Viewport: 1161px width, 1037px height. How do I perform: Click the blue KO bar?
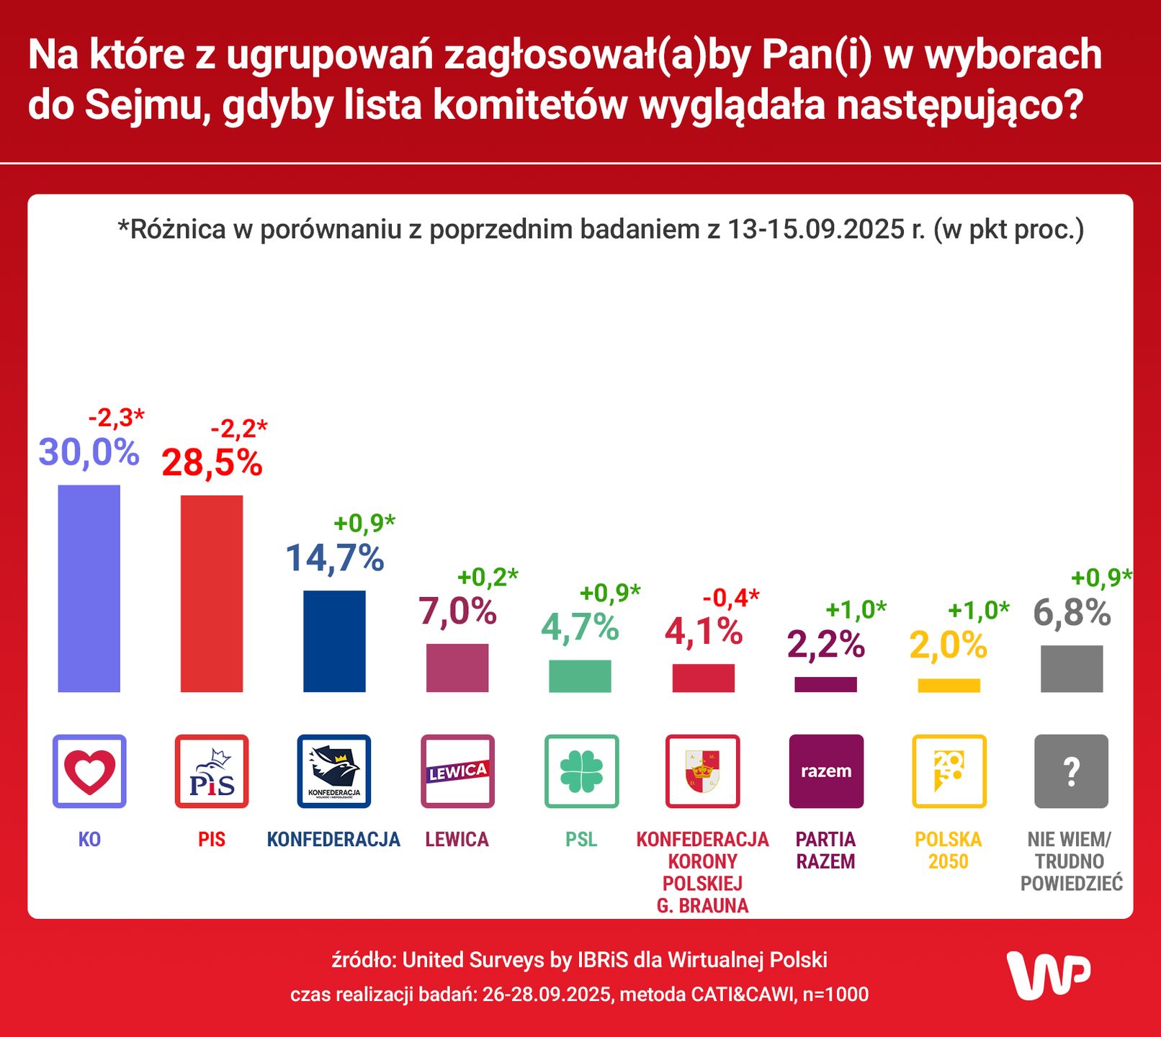pos(89,588)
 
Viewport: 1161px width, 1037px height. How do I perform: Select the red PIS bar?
pos(211,593)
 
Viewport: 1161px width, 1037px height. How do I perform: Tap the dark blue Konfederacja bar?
pos(334,641)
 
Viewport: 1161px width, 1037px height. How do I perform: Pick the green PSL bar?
pos(580,675)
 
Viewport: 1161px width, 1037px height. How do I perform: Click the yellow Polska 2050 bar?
pos(949,685)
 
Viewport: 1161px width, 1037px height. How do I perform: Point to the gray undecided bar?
pos(1071,668)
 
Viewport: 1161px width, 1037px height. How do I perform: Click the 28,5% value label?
pos(212,462)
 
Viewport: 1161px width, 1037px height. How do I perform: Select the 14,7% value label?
pos(335,558)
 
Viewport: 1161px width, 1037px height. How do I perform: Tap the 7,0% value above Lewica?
pos(457,611)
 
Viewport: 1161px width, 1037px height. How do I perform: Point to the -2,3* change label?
pos(116,417)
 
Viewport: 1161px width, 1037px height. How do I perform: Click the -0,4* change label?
pos(730,597)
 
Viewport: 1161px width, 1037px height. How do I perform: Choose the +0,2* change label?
pos(488,577)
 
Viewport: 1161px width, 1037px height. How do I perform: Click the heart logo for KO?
pos(89,771)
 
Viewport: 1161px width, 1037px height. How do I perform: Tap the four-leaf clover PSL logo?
pos(581,771)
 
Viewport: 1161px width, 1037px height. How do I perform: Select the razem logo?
pos(826,771)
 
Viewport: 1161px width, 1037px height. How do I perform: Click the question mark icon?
pos(1071,771)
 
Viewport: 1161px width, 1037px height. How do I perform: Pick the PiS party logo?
pos(212,771)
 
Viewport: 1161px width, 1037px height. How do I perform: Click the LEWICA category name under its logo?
pos(457,840)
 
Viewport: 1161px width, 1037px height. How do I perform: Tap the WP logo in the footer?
pos(1048,975)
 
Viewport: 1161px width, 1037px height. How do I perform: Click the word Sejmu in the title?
pos(143,105)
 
